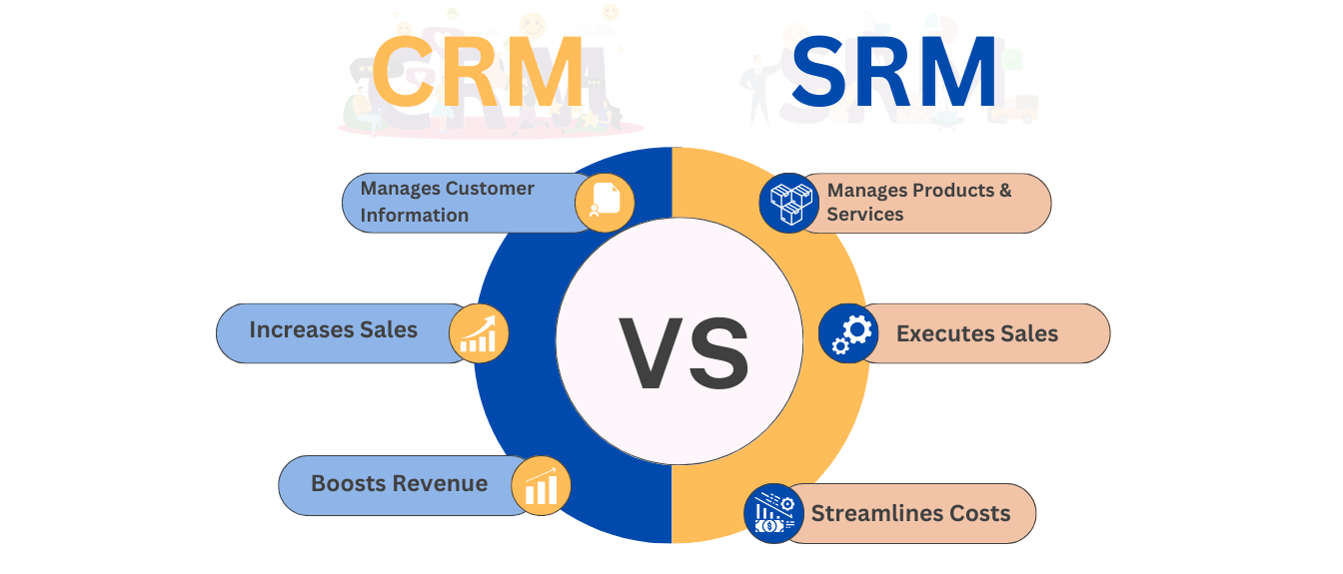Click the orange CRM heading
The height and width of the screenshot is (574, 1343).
pyautogui.click(x=478, y=72)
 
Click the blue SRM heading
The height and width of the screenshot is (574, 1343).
pyautogui.click(x=894, y=72)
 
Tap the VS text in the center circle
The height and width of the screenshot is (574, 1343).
pyautogui.click(x=684, y=353)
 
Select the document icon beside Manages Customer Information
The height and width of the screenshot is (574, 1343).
pyautogui.click(x=605, y=203)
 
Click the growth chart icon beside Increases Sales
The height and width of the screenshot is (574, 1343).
pyautogui.click(x=479, y=333)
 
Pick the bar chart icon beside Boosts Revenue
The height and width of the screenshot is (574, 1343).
pyautogui.click(x=541, y=485)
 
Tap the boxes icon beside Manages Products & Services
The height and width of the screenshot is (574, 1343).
pyautogui.click(x=789, y=203)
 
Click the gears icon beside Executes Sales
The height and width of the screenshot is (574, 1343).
pyautogui.click(x=848, y=333)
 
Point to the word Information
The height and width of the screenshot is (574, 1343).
pyautogui.click(x=415, y=215)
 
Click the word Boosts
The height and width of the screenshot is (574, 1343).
pyautogui.click(x=340, y=483)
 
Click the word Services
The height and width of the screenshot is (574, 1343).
pyautogui.click(x=865, y=214)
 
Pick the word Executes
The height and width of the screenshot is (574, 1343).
pyautogui.click(x=940, y=333)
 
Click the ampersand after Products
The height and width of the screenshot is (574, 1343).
pyautogui.click(x=1005, y=190)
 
